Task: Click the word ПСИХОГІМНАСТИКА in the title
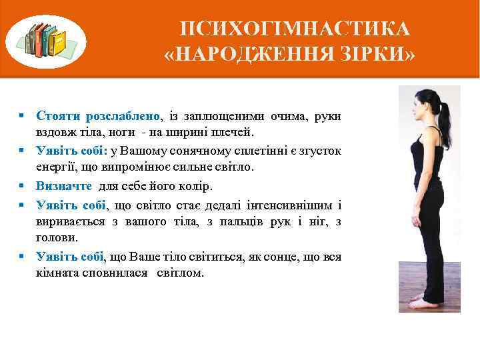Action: [x=295, y=30]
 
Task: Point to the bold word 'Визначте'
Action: [x=65, y=186]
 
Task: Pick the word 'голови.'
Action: [x=57, y=237]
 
